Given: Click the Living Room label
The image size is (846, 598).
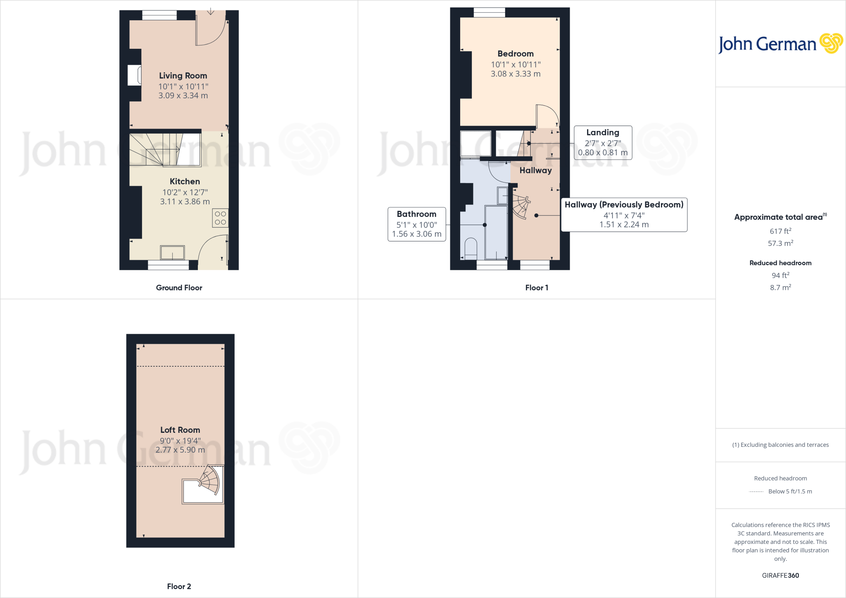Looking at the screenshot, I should [x=183, y=76].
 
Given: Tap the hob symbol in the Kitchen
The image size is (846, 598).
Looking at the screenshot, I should [x=220, y=218].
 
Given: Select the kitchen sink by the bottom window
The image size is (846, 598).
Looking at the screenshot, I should [x=172, y=252].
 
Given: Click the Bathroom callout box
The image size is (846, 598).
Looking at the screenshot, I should [x=416, y=224].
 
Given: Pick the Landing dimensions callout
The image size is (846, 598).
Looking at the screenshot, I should [x=603, y=143].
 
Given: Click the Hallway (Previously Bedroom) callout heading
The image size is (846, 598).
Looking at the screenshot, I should [x=624, y=205].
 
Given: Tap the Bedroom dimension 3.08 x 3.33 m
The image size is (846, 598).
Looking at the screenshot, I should [x=516, y=74].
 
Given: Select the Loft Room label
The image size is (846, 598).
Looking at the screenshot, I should [x=180, y=430].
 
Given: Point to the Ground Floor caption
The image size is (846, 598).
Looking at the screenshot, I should [x=179, y=288].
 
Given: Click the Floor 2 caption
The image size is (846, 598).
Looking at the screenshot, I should [x=179, y=586].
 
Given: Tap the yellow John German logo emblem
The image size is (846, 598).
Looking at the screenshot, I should [x=831, y=43].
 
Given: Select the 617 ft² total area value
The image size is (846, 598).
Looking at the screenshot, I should [x=780, y=231].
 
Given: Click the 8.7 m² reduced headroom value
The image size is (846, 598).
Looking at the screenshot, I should [x=780, y=287].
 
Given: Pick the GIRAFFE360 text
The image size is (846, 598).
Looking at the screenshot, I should [x=780, y=575].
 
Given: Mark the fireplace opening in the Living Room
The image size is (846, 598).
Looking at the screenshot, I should [x=134, y=75].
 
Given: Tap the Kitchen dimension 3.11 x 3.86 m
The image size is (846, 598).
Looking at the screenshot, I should [x=185, y=202].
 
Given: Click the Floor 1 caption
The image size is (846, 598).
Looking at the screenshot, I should [x=537, y=288].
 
